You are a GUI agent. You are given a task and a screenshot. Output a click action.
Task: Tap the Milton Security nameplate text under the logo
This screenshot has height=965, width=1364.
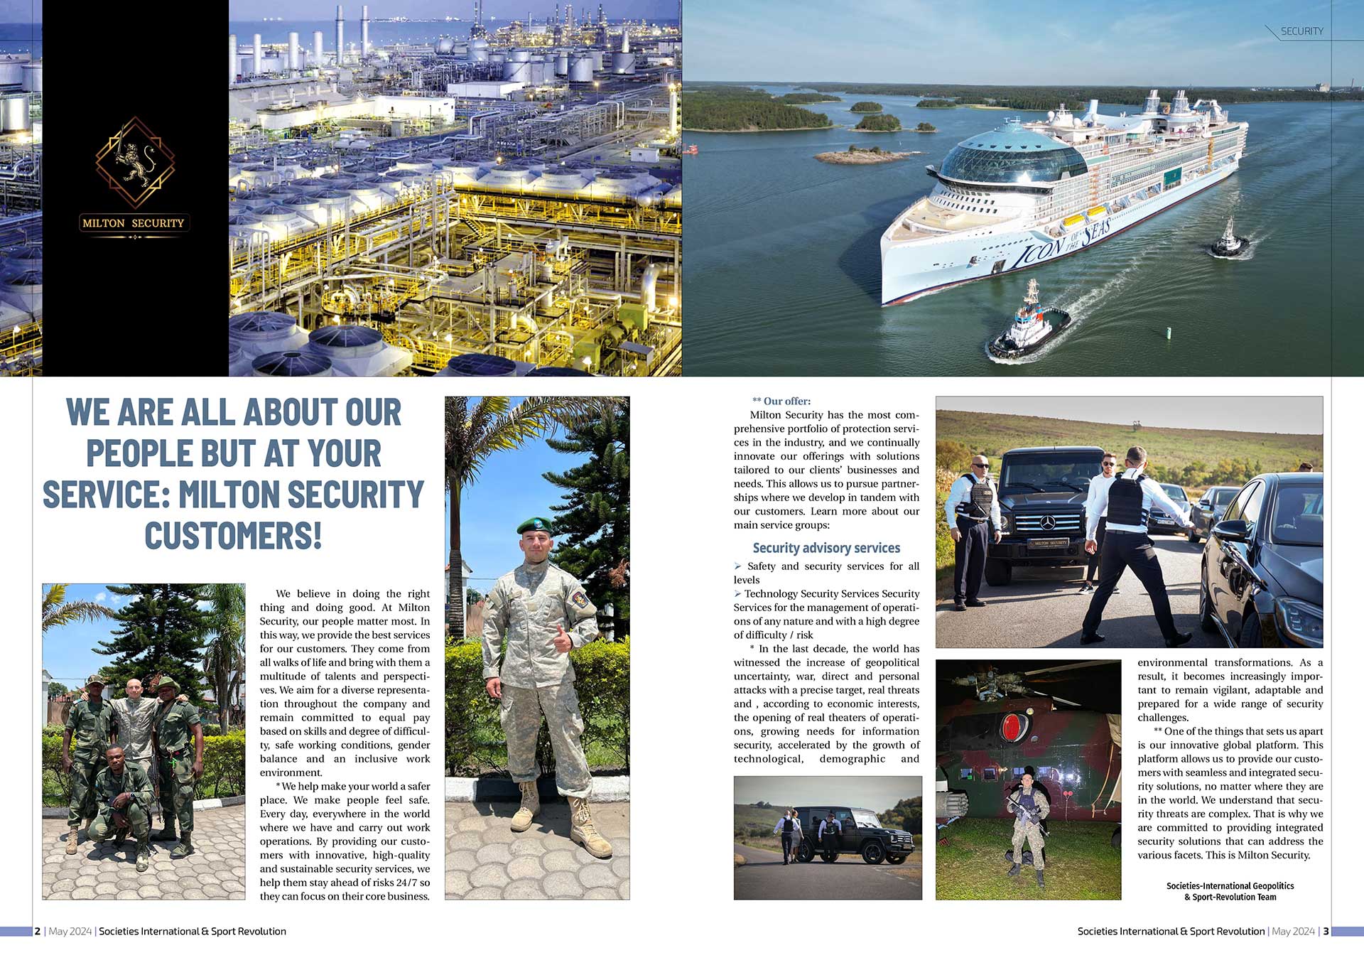click(x=134, y=223)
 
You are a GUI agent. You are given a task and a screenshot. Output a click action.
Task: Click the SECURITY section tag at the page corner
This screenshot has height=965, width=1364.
click(x=1301, y=31)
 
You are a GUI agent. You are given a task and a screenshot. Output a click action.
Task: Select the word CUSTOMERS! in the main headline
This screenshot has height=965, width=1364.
click(x=233, y=536)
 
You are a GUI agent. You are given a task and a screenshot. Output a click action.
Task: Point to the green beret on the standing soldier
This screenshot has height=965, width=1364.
click(x=534, y=526)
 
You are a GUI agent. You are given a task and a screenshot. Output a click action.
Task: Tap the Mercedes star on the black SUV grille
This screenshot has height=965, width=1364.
click(x=1047, y=523)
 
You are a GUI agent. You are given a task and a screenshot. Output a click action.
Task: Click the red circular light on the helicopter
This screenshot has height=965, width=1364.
click(x=1013, y=726)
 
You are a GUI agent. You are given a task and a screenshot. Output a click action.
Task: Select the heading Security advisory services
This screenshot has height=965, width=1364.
click(x=826, y=548)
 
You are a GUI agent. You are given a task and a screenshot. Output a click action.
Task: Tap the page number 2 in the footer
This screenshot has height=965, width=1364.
click(x=38, y=931)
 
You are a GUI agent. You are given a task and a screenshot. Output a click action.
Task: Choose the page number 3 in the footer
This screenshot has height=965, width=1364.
click(x=1326, y=931)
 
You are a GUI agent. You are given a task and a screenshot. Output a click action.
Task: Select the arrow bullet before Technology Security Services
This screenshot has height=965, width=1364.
click(x=738, y=593)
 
